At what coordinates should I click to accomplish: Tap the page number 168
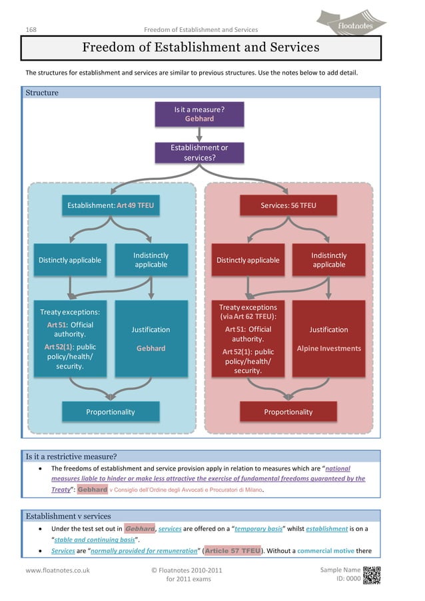click(x=31, y=29)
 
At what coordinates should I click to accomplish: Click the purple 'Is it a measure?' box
click(x=199, y=114)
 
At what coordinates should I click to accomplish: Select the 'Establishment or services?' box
click(x=199, y=153)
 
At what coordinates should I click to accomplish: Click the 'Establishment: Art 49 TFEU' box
click(x=111, y=206)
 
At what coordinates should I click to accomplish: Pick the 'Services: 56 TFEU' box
click(x=288, y=206)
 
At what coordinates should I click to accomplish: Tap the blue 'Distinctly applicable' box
click(x=70, y=260)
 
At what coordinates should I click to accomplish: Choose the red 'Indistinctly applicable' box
click(x=329, y=260)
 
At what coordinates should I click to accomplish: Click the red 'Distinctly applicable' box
click(x=248, y=260)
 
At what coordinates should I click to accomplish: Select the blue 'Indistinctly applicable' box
click(x=151, y=260)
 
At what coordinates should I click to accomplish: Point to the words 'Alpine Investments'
click(x=329, y=348)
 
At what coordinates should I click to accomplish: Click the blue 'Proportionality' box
click(x=111, y=412)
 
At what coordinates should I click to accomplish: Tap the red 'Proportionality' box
click(x=288, y=412)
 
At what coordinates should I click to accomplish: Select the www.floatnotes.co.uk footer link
click(x=58, y=570)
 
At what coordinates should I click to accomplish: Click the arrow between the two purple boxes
click(x=199, y=135)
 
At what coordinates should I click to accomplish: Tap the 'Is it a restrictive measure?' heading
click(x=71, y=456)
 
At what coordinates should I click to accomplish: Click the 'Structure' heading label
click(x=42, y=93)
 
